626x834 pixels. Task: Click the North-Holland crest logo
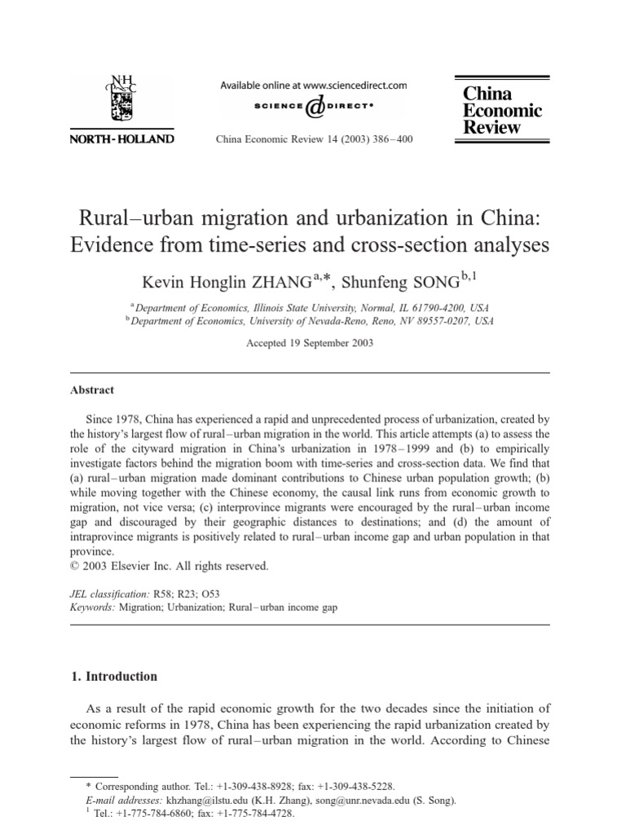pyautogui.click(x=125, y=99)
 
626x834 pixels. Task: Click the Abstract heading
pyautogui.click(x=92, y=390)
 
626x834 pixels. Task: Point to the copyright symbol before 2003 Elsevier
pyautogui.click(x=76, y=566)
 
